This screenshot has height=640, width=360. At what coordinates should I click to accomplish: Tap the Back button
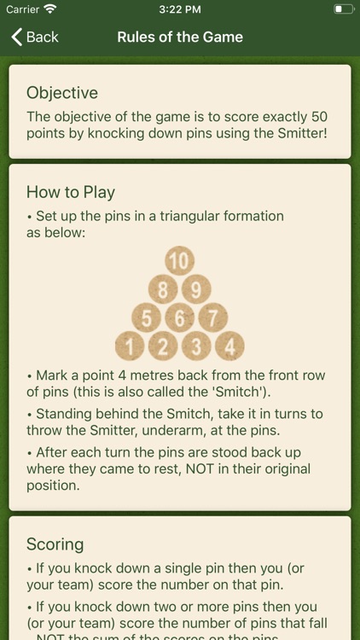[35, 38]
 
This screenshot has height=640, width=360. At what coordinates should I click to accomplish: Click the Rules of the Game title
[180, 38]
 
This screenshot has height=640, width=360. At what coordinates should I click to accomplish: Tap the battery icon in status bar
[344, 9]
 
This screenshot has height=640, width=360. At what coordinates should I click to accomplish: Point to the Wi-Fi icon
[50, 9]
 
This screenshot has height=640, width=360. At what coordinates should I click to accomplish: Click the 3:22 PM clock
[180, 9]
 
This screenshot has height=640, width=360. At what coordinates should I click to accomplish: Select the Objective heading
[62, 93]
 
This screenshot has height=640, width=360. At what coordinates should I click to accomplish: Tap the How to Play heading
[71, 192]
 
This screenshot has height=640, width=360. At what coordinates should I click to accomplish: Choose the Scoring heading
[55, 544]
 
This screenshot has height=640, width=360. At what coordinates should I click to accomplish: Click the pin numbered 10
[180, 261]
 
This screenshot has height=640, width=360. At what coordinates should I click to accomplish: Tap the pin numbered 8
[163, 289]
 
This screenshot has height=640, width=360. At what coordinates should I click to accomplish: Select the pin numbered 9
[196, 289]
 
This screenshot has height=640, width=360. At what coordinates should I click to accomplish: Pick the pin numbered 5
[146, 318]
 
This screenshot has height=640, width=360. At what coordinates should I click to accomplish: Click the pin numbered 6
[180, 318]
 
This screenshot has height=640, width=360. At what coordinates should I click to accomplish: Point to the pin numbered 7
[213, 318]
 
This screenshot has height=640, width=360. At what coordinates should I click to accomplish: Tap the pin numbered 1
[130, 346]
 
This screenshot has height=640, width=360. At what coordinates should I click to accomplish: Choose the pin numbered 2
[163, 346]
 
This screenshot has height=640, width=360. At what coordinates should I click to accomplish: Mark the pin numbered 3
[196, 346]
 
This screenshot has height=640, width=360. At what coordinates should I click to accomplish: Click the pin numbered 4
[229, 346]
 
